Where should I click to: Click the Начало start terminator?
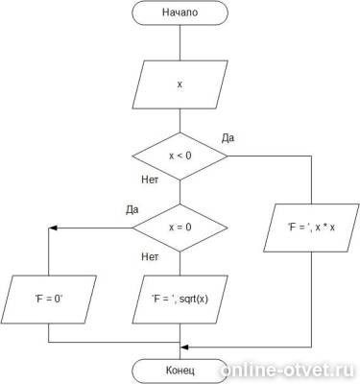tap(180, 12)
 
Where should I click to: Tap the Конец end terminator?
tap(180, 371)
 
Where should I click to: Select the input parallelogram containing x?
tap(180, 84)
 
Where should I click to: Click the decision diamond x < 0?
tap(180, 156)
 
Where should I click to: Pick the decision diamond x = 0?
tap(180, 228)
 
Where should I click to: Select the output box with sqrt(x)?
tap(180, 300)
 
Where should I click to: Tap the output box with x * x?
tap(311, 228)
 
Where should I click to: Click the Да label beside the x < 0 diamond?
tap(228, 138)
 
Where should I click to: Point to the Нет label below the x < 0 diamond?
tap(150, 180)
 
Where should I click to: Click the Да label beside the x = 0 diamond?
tap(132, 209)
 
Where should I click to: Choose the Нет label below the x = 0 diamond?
tap(150, 256)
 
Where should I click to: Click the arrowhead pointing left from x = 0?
tap(53, 228)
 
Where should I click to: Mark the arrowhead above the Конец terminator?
tap(184, 348)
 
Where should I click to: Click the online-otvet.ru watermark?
tap(287, 371)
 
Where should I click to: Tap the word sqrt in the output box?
tap(187, 300)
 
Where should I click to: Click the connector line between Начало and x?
tap(180, 43)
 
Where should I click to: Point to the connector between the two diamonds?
tap(180, 192)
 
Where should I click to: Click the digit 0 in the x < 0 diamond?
tap(188, 156)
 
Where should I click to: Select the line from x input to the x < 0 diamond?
tap(180, 121)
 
